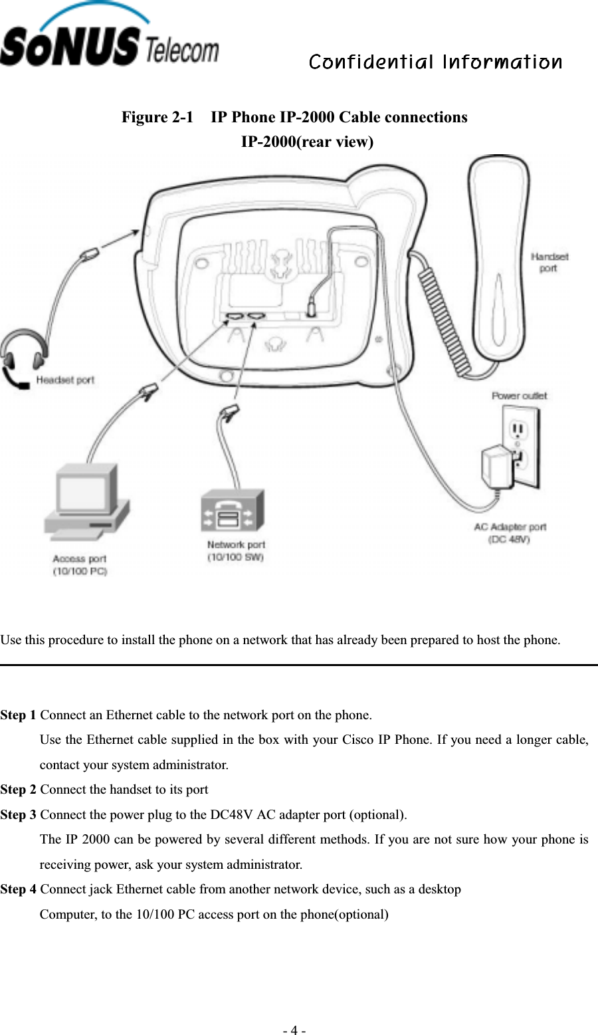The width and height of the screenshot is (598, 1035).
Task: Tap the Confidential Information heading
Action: (x=435, y=62)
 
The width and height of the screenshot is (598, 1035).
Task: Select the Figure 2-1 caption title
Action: (x=294, y=118)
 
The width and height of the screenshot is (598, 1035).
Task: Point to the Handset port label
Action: (x=549, y=263)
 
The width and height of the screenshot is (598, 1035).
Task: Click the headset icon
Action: (x=23, y=359)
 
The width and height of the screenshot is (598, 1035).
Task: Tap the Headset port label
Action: (x=65, y=380)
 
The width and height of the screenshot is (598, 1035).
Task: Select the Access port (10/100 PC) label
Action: (x=80, y=565)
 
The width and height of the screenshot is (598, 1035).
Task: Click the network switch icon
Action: (x=233, y=511)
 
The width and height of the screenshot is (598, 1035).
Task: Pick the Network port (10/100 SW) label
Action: (x=236, y=551)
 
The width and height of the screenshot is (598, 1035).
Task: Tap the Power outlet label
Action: (x=519, y=396)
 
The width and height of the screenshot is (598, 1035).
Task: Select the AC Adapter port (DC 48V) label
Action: (x=510, y=533)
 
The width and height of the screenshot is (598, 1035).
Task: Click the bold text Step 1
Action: (x=19, y=715)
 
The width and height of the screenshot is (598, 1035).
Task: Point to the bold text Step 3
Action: (x=19, y=815)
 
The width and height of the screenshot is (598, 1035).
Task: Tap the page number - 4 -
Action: (x=294, y=1030)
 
